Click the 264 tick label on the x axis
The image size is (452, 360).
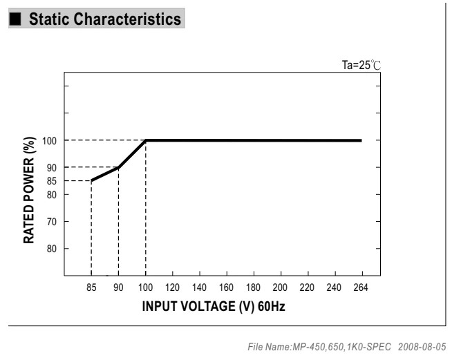(x=361, y=287)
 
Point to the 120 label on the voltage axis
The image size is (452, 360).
(x=172, y=287)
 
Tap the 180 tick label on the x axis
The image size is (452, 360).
(x=253, y=287)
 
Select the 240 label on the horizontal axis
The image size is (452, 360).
(x=334, y=287)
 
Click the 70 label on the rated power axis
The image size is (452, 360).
(x=52, y=222)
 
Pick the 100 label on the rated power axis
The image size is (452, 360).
(x=49, y=141)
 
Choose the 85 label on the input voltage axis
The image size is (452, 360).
(x=91, y=287)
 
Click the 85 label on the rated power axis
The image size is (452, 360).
(x=52, y=181)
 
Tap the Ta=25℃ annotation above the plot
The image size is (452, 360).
(x=361, y=65)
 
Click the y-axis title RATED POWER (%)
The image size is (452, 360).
(x=29, y=190)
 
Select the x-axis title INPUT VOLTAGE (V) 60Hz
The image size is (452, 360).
(x=214, y=306)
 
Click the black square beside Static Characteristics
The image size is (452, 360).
(x=15, y=19)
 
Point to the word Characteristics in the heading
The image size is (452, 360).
(x=129, y=19)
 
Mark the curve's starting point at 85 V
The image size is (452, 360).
(x=91, y=181)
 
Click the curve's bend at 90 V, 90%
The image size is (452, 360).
(x=118, y=167)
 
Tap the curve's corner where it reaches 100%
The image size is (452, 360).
(x=146, y=140)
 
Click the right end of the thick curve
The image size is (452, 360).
(x=361, y=140)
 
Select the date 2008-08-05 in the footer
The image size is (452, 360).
(x=422, y=347)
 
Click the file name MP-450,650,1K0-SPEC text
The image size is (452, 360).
(x=342, y=347)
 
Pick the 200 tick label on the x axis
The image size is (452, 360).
(x=280, y=287)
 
